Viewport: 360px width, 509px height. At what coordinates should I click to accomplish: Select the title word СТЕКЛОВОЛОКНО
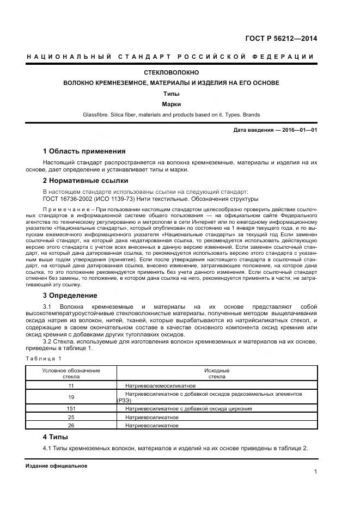coord(171,72)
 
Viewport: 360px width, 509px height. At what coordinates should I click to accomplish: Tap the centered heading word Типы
coord(171,94)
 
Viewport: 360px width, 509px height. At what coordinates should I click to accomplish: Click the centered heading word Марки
coord(171,104)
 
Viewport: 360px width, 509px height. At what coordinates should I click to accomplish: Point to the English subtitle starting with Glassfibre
coord(171,115)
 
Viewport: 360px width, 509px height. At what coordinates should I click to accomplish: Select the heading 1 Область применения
coord(84,151)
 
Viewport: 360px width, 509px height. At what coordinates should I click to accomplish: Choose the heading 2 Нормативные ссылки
coord(86,180)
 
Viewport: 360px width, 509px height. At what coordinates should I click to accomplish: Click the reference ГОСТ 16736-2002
coord(70,199)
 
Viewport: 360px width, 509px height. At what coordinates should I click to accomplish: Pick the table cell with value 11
coord(71,385)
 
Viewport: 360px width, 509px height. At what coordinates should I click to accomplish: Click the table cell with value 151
coord(71,408)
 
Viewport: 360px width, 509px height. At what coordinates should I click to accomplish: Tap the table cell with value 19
coord(71,397)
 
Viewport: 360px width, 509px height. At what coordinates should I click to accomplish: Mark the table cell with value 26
coord(71,425)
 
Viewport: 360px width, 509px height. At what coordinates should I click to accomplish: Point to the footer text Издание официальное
coord(56,467)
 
